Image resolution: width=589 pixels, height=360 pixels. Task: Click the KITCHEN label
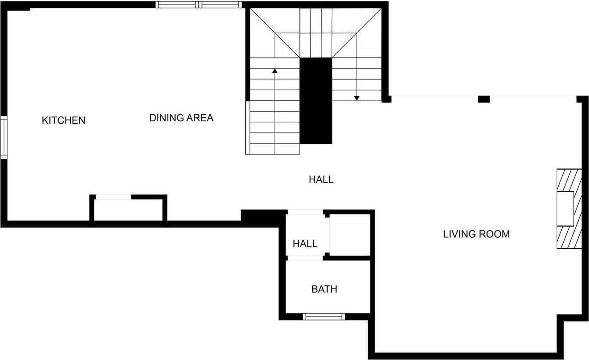[x=64, y=120]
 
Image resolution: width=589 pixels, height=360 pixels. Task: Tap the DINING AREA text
[x=181, y=118]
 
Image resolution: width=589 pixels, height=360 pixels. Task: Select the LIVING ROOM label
[x=476, y=234]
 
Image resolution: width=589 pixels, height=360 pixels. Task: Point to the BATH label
[x=324, y=289]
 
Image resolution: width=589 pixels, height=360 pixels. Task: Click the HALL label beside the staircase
[x=321, y=180]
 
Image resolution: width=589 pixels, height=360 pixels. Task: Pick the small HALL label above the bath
[x=305, y=244]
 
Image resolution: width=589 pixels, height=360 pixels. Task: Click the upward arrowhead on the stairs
[x=275, y=71]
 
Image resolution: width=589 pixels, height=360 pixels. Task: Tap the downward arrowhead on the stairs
[x=357, y=97]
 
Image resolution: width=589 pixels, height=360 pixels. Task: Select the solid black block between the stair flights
[x=316, y=100]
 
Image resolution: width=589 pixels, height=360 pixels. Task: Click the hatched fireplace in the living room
[x=566, y=209]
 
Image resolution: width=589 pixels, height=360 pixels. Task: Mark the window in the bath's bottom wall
[x=324, y=316]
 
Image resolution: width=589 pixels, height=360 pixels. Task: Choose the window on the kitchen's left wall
[x=4, y=138]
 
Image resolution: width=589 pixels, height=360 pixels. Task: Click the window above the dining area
[x=198, y=5]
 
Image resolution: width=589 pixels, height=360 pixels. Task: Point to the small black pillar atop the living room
[x=484, y=99]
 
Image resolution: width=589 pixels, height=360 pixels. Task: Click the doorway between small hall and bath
[x=305, y=258]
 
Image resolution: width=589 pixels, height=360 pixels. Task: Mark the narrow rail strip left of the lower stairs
[x=248, y=127]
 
